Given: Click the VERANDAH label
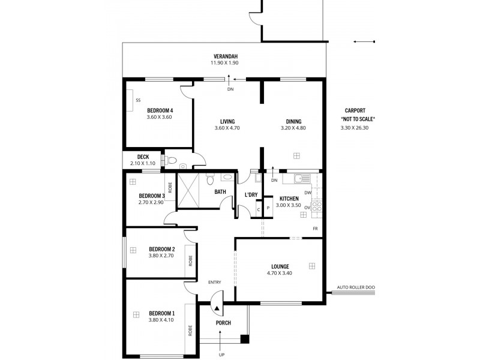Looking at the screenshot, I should [x=224, y=56].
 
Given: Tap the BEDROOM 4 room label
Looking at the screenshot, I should [x=160, y=110].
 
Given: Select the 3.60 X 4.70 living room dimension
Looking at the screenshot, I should [x=227, y=128].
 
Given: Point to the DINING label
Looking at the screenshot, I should [x=293, y=122].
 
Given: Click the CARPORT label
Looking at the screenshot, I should [x=355, y=110].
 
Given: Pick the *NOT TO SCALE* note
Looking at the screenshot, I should [x=357, y=119].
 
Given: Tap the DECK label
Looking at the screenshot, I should [x=142, y=157].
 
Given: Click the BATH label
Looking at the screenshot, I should [x=220, y=192].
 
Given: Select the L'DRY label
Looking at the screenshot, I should [x=251, y=195].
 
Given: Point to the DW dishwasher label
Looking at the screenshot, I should [x=307, y=193].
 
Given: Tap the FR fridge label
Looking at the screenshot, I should [x=314, y=229].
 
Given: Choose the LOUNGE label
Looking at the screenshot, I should [x=280, y=266].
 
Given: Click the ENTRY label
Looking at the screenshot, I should [x=214, y=282].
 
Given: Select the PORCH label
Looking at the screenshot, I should [x=223, y=323].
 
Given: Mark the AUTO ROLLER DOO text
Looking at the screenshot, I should [x=356, y=287].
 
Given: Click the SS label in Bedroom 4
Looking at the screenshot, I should [x=138, y=100].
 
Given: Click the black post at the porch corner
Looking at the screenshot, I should [x=244, y=339].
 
